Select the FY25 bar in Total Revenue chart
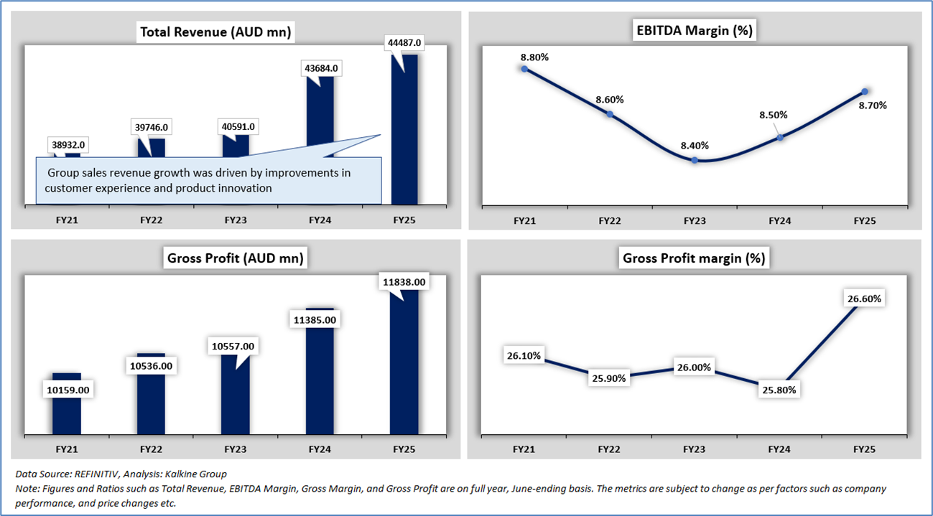click(x=404, y=129)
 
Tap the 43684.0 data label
click(x=320, y=68)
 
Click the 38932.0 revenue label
click(x=68, y=145)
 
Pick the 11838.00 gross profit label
click(x=404, y=283)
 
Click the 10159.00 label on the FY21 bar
click(x=68, y=390)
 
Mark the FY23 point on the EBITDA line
click(x=695, y=160)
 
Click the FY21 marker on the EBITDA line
click(x=524, y=69)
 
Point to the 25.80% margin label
click(x=779, y=390)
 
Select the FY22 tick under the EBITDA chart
click(x=609, y=221)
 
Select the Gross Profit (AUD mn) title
click(x=234, y=258)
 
